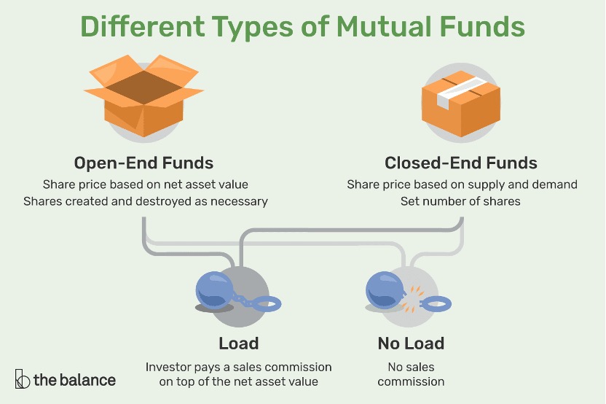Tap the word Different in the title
142,27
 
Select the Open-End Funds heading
143,163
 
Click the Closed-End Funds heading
460,163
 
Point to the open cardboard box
143,97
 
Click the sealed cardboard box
460,104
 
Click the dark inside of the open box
143,87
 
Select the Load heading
238,343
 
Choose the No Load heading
411,343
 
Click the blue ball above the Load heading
214,290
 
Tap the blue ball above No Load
385,290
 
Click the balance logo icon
22,379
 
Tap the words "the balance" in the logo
74,380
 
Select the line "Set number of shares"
460,201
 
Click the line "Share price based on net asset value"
146,184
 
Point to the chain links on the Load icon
243,300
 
